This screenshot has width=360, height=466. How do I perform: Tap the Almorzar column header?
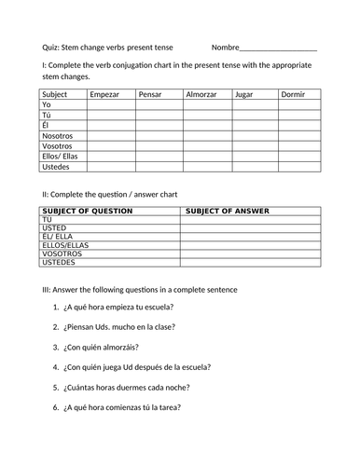(x=202, y=94)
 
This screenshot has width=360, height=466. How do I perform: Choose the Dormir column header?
(x=294, y=94)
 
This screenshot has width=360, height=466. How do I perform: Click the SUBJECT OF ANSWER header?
(x=228, y=212)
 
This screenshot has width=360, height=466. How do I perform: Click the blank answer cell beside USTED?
(x=250, y=228)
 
